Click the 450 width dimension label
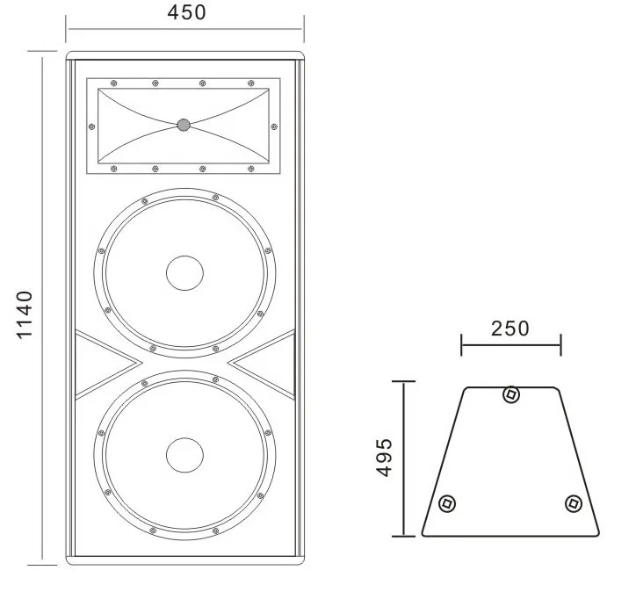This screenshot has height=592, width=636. click(x=185, y=12)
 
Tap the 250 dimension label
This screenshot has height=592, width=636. click(x=510, y=328)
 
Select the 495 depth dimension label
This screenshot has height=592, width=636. click(x=383, y=457)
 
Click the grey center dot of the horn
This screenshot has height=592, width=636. click(x=183, y=125)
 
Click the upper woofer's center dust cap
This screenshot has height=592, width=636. click(x=184, y=272)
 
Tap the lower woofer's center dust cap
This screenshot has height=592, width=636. click(x=184, y=454)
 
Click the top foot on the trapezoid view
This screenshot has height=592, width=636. click(x=510, y=394)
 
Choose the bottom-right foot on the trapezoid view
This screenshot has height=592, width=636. click(x=573, y=503)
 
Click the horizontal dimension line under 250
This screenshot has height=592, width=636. click(x=510, y=344)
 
